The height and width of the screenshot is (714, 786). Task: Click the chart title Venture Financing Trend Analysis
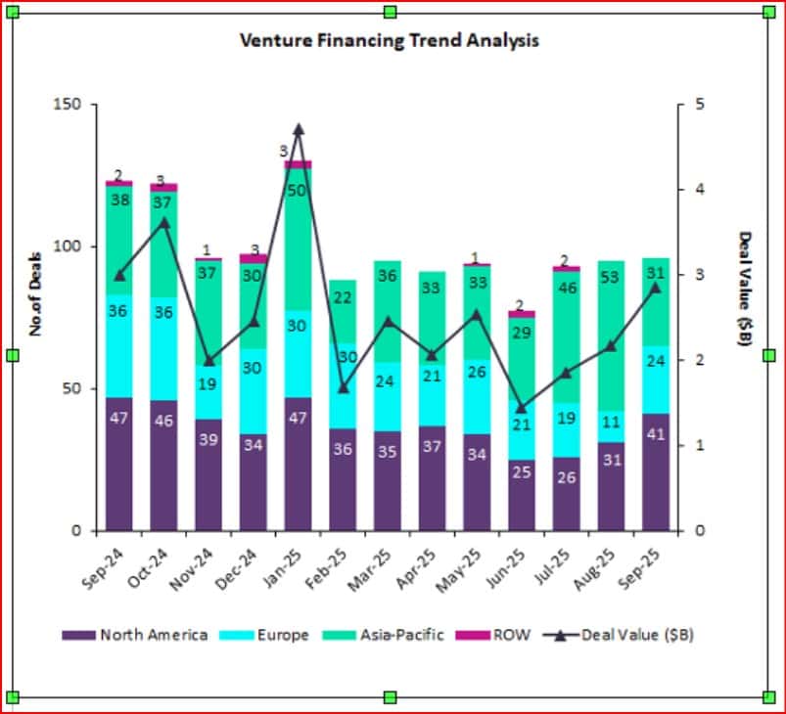tap(390, 41)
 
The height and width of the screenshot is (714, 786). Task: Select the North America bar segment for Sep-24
tap(119, 465)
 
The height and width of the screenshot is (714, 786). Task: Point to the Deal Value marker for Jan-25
tap(299, 129)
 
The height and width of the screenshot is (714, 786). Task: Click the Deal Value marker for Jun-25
tap(522, 408)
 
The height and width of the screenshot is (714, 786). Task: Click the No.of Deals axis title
tap(35, 290)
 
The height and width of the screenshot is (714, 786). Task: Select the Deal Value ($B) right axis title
tap(746, 280)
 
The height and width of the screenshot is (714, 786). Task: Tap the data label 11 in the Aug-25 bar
tap(612, 424)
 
